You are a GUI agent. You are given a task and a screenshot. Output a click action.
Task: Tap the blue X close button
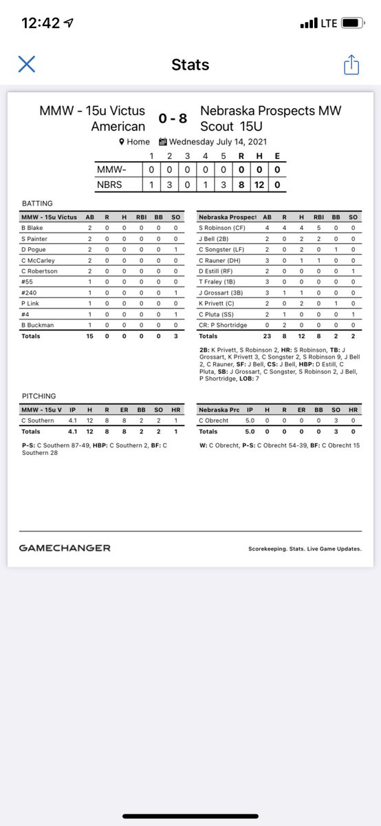point(26,65)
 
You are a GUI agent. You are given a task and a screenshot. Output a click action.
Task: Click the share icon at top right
point(351,65)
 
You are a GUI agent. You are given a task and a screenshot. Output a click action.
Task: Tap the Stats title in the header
point(190,65)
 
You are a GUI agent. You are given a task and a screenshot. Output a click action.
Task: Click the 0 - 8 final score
point(173,118)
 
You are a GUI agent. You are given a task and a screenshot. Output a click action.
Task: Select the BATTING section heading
point(37,204)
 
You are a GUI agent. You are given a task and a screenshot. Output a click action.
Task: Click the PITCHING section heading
point(39,396)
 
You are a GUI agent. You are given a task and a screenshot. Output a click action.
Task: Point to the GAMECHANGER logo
point(65,548)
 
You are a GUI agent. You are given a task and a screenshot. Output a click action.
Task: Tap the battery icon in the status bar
point(351,23)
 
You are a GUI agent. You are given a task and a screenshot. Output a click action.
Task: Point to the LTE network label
point(329,23)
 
